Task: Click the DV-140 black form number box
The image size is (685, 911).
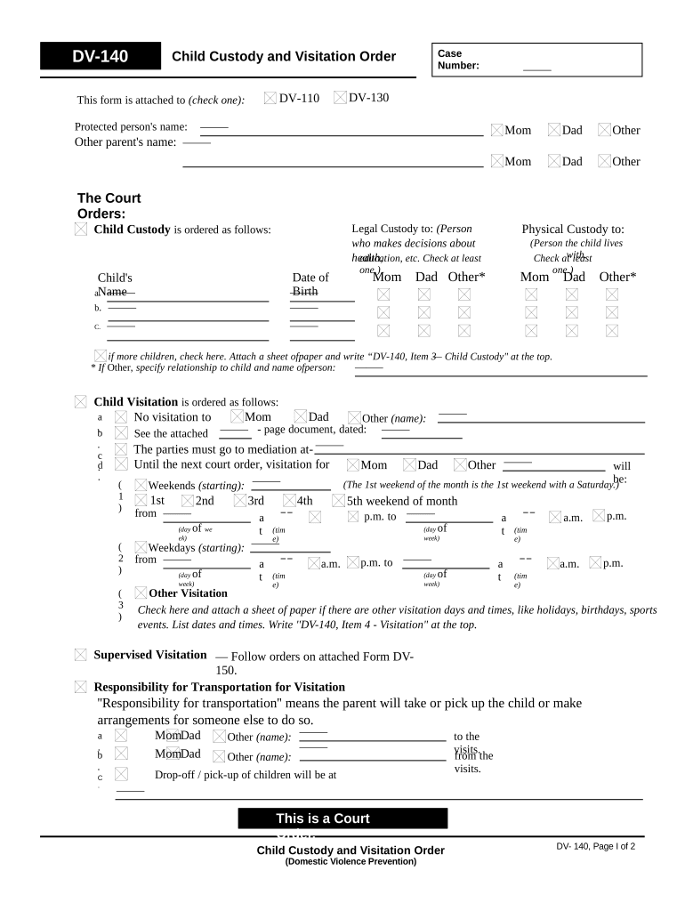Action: (100, 57)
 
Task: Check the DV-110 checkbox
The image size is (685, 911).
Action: (270, 98)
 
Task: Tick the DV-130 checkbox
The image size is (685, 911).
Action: (340, 97)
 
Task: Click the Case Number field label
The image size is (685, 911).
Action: (458, 60)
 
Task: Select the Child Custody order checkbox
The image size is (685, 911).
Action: (82, 230)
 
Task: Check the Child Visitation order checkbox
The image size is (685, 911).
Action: (82, 402)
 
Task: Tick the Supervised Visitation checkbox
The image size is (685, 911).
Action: (82, 656)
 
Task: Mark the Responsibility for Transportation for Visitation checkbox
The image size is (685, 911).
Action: (82, 687)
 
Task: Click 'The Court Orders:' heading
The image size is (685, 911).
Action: (109, 206)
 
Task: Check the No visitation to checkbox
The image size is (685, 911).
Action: (121, 417)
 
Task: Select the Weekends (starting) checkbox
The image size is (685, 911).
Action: (141, 485)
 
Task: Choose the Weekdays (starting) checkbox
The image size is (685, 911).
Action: (141, 547)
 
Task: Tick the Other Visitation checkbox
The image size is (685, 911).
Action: (141, 593)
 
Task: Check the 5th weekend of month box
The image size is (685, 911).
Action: (338, 501)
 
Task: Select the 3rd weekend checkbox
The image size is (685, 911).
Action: (240, 501)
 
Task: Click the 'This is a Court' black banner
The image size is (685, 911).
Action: (342, 818)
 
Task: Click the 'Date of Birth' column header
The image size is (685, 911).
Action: (310, 284)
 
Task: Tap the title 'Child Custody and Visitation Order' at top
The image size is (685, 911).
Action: (283, 57)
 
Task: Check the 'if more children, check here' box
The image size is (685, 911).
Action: (101, 356)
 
